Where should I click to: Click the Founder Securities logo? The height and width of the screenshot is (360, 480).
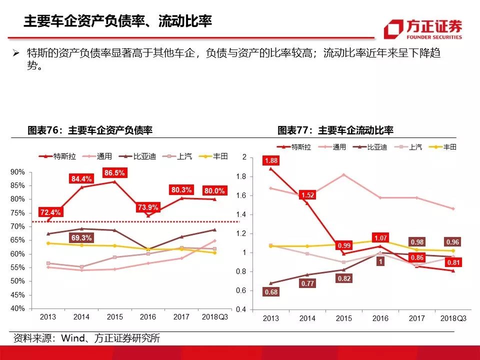[x=422, y=29]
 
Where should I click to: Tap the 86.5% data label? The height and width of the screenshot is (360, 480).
[x=115, y=172]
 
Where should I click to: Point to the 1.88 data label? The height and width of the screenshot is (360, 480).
[x=272, y=161]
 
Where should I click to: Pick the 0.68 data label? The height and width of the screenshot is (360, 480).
[x=270, y=292]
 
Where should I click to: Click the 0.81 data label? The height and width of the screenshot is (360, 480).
[x=452, y=261]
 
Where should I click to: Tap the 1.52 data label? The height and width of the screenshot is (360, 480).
[x=308, y=195]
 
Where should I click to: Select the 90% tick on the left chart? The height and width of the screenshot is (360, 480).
[x=18, y=172]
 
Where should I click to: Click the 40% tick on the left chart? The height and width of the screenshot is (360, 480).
[x=18, y=308]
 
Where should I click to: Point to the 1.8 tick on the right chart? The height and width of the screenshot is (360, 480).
[x=241, y=176]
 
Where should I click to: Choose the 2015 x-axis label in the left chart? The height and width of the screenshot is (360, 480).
[x=114, y=317]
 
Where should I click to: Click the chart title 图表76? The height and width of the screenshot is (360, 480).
[x=89, y=131]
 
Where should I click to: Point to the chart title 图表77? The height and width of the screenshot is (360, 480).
[x=335, y=131]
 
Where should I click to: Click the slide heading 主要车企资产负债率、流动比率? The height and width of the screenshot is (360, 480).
[x=118, y=21]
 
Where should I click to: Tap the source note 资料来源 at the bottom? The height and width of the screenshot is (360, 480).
[x=86, y=338]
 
